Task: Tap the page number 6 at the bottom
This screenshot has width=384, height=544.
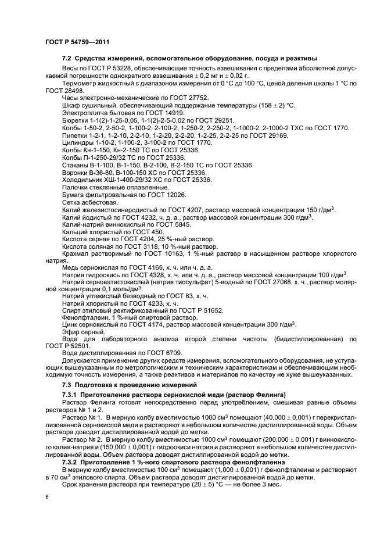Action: click(47, 498)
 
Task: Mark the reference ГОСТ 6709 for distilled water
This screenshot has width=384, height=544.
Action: click(162, 353)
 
